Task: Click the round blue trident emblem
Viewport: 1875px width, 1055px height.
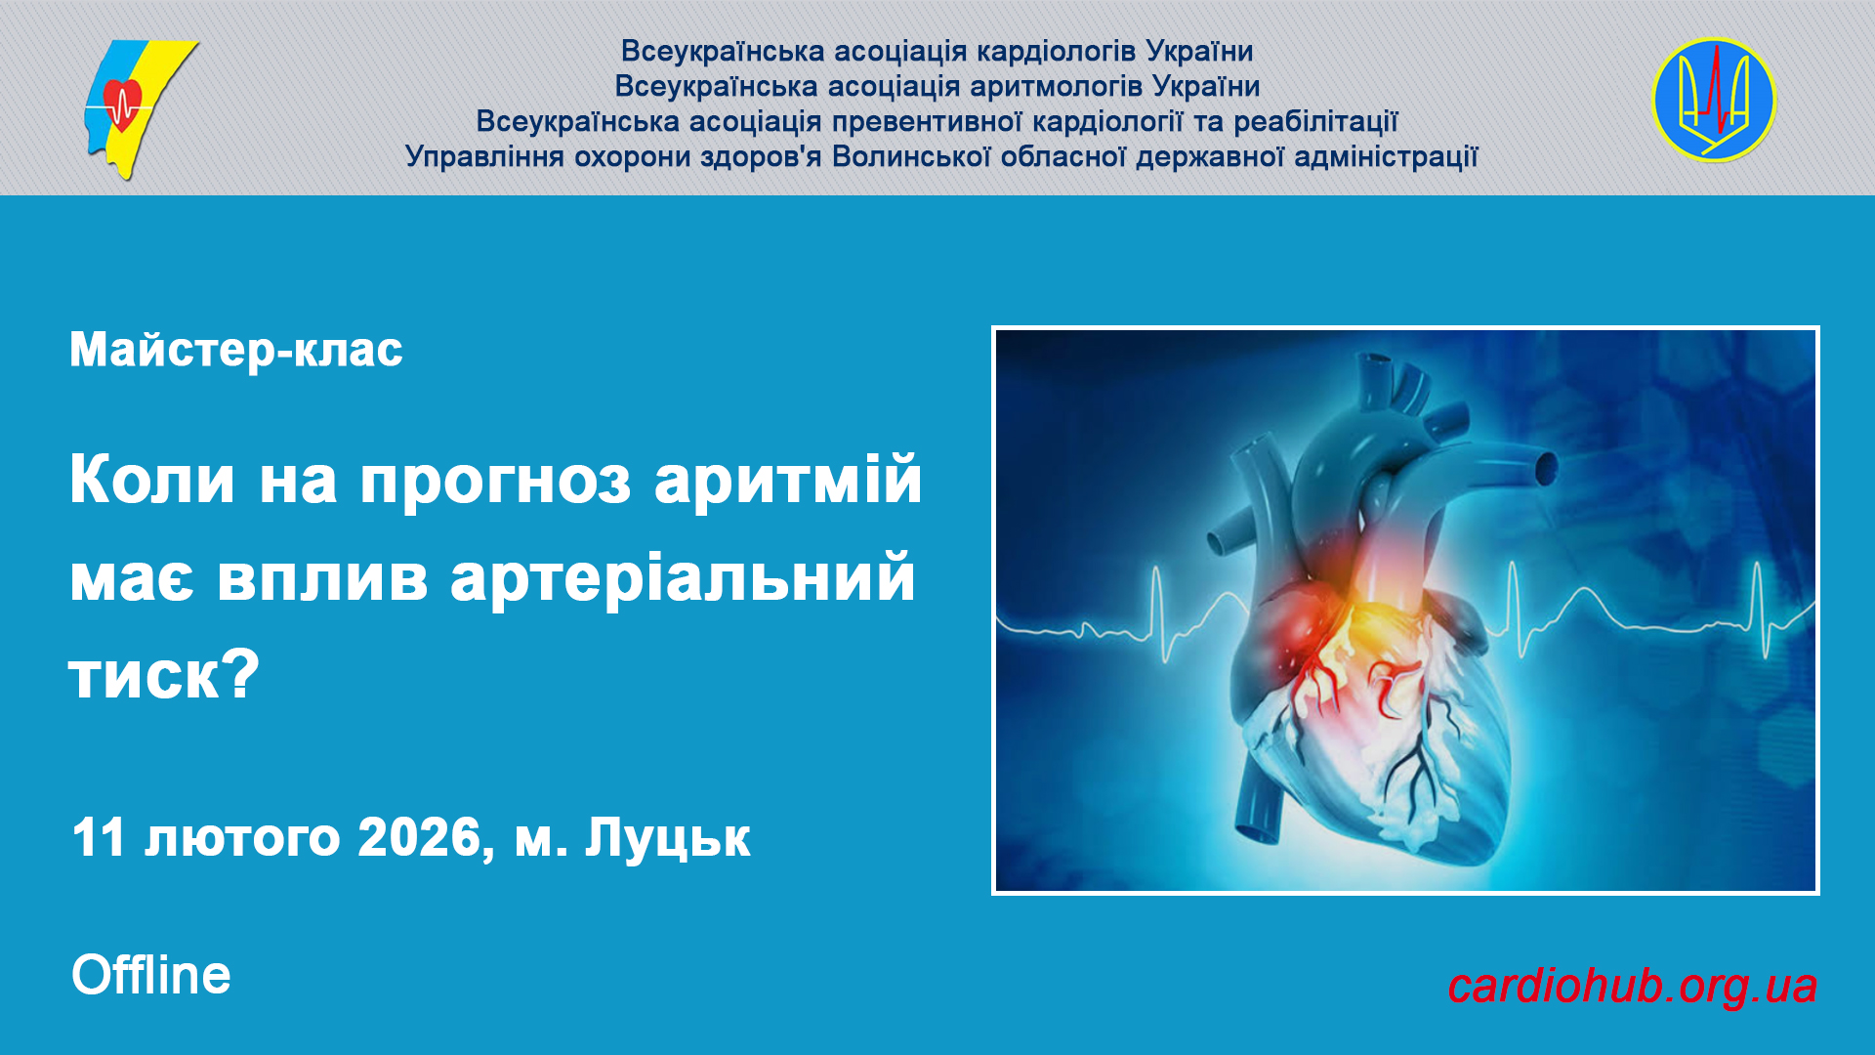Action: [x=1714, y=100]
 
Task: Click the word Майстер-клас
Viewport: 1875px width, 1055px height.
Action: [x=236, y=350]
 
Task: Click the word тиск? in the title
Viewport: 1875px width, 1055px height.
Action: [x=164, y=674]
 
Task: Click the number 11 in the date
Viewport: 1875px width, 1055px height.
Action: [x=99, y=837]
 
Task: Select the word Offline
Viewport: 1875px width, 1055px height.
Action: [x=151, y=975]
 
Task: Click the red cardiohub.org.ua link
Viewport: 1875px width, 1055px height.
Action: [x=1632, y=987]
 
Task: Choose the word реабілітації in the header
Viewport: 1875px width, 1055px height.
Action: [x=1315, y=121]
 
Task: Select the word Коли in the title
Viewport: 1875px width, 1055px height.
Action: [x=152, y=480]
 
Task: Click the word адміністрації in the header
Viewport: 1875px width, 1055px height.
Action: [x=1386, y=156]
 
